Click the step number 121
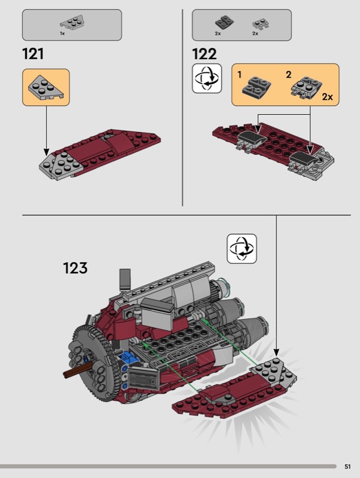click(33, 54)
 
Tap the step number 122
click(204, 54)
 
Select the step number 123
click(75, 268)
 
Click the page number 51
click(347, 467)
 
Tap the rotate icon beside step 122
click(207, 78)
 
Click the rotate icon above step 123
click(242, 249)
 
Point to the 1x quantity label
click(62, 33)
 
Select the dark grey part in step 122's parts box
click(224, 22)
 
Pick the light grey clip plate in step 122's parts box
click(260, 24)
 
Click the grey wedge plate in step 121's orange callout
click(46, 87)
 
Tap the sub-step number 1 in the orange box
click(239, 74)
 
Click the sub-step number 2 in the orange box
click(288, 74)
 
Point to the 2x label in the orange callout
click(327, 97)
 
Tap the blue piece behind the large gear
click(130, 357)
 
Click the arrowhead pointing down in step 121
click(47, 152)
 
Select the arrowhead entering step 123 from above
click(276, 353)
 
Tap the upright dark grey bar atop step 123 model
click(125, 279)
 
